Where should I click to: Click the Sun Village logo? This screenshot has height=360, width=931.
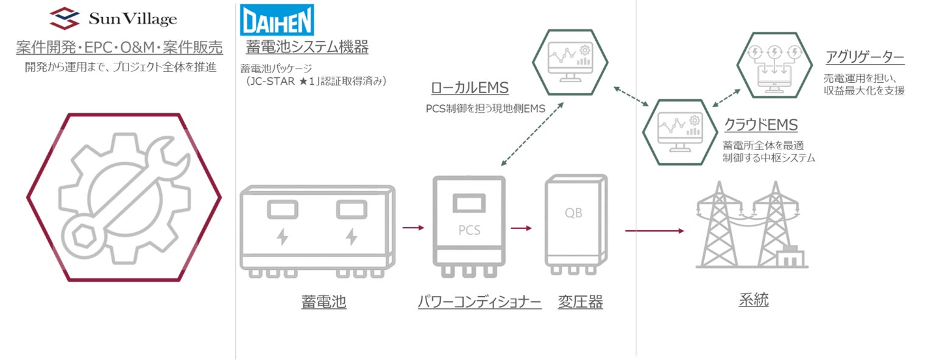point(113,18)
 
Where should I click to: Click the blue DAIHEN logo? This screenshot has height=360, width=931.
point(277,21)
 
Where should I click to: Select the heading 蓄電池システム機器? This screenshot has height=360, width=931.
point(307,47)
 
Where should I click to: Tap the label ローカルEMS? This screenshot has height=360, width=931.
point(469,88)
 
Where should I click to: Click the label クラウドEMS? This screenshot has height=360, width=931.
point(760,125)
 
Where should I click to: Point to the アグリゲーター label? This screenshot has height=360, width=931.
point(864,58)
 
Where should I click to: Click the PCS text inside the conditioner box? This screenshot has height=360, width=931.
point(469,230)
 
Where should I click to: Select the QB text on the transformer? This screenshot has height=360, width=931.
point(573,214)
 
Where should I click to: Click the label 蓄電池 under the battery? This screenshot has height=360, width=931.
point(324,302)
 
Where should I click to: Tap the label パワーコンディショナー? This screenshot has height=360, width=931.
point(480,302)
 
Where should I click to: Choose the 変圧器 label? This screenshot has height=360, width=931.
point(580,302)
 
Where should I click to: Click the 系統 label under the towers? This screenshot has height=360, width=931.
point(754,300)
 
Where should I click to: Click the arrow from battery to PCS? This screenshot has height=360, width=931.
point(412,228)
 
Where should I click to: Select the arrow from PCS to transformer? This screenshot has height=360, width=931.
point(521,228)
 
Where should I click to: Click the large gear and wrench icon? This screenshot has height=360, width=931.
point(123,197)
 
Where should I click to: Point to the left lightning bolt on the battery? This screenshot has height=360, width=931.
point(282,236)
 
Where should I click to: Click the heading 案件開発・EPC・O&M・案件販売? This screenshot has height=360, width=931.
point(119,47)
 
